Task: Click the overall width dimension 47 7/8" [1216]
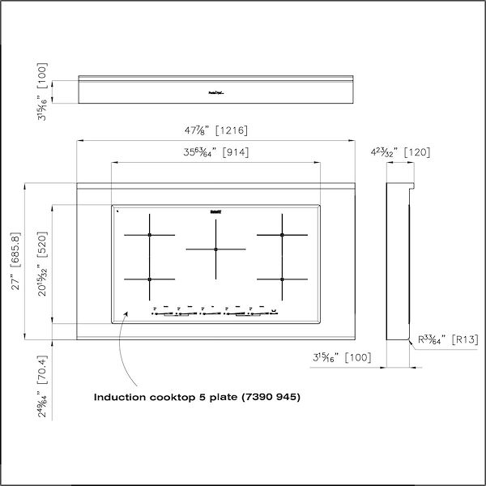coord(215,130)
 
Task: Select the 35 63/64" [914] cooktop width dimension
coord(214,151)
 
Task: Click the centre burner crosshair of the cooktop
coord(215,249)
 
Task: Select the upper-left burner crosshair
coord(149,235)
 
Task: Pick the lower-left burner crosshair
coord(149,279)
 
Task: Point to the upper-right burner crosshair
coord(282,235)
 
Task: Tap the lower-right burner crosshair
coord(282,279)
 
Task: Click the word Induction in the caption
coord(120,398)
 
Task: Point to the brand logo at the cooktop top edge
coord(215,211)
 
